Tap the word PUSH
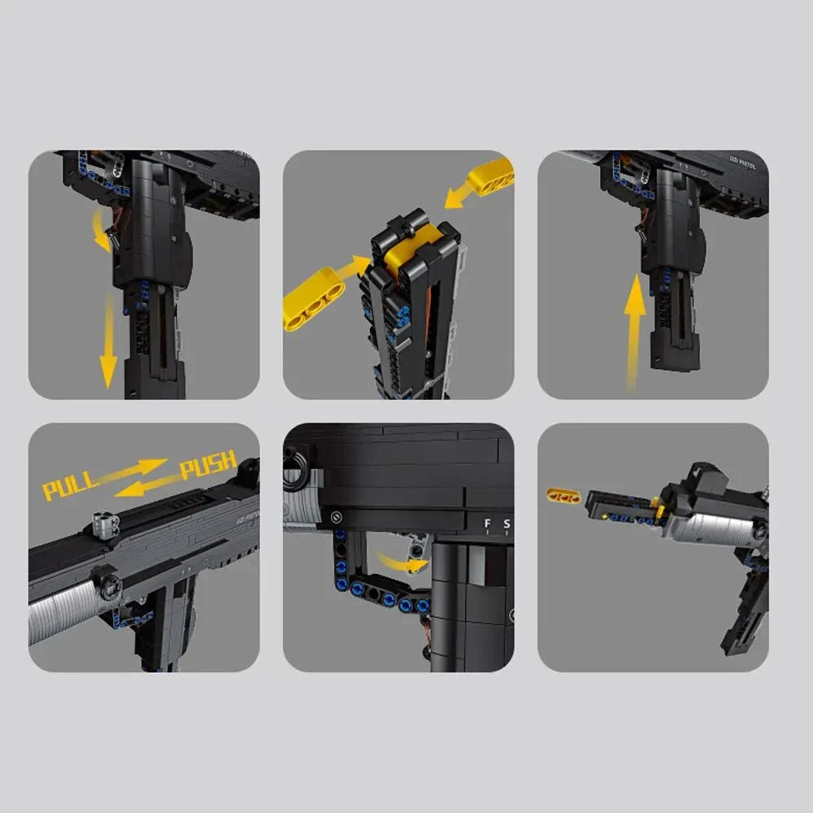pyautogui.click(x=208, y=465)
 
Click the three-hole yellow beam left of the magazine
pyautogui.click(x=312, y=298)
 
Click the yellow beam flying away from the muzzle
pyautogui.click(x=563, y=495)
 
